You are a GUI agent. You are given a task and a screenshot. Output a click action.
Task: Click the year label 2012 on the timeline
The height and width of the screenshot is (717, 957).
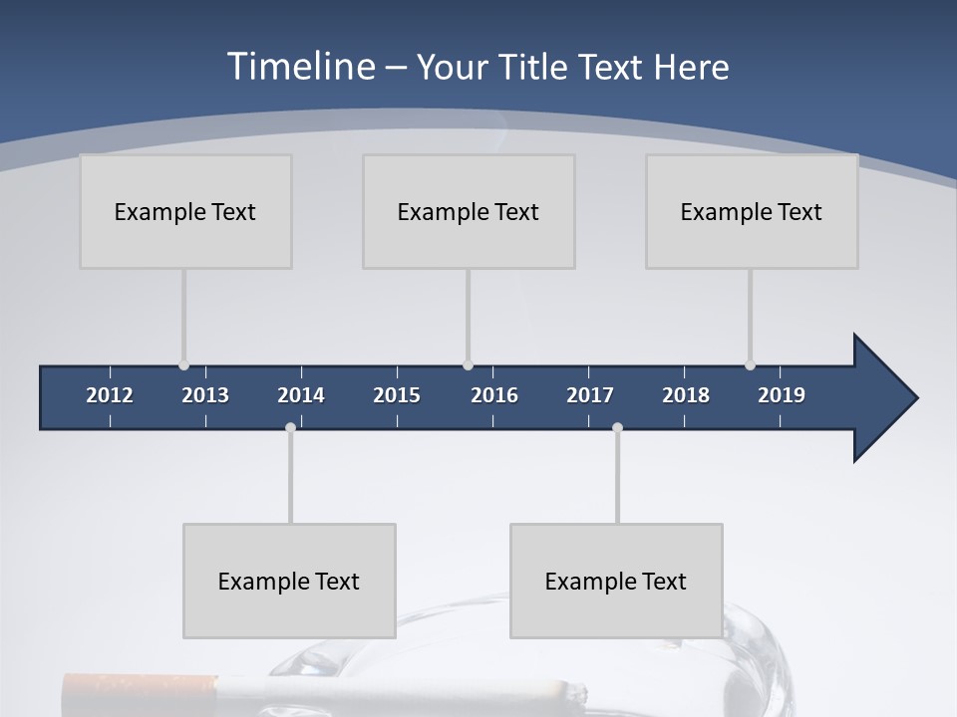click(110, 395)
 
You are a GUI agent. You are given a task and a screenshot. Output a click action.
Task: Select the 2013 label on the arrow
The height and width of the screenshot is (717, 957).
click(205, 395)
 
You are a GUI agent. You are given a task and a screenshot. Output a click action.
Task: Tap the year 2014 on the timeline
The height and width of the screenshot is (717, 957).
click(301, 395)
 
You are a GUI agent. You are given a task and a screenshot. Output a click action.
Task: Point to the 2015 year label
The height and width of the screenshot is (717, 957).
click(397, 395)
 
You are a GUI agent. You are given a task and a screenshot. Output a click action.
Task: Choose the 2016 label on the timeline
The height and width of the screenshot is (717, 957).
click(494, 395)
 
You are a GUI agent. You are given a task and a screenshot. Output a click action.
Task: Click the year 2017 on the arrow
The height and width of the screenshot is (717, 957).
click(590, 395)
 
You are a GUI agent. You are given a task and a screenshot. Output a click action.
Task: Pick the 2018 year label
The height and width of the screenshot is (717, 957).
click(686, 395)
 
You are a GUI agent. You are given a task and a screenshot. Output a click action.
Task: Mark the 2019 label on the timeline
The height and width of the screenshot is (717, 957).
click(782, 395)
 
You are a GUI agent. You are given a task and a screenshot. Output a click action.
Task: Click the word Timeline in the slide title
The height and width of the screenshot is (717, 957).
click(299, 67)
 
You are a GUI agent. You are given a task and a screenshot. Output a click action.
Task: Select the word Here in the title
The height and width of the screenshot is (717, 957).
click(691, 68)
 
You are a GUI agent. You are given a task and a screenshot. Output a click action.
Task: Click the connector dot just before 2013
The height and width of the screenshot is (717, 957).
click(183, 365)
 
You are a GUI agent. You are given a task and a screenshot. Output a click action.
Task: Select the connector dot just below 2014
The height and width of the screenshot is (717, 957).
click(290, 428)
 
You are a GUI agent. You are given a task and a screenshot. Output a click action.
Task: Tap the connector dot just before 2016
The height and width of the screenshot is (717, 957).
click(468, 365)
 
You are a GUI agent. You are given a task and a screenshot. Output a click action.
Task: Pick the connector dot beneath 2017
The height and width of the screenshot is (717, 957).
click(617, 428)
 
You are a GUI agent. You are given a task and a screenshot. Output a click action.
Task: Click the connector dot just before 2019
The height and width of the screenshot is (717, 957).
click(750, 365)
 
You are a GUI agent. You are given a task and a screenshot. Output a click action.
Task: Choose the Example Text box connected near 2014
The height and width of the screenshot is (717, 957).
click(289, 581)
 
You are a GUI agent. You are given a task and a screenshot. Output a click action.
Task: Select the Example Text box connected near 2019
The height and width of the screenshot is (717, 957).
click(752, 211)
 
